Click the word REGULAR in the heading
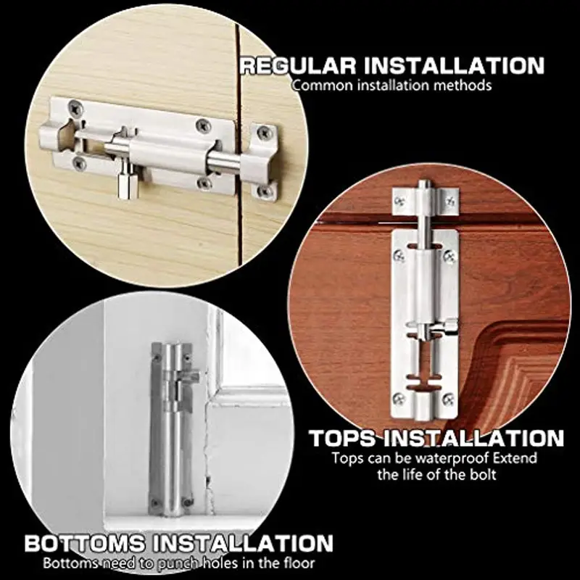[298, 66]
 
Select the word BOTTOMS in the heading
[85, 543]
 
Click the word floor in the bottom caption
[297, 563]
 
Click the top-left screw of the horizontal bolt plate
[76, 107]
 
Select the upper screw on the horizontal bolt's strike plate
[264, 133]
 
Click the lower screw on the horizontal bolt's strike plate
[264, 191]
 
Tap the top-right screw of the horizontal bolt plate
[203, 125]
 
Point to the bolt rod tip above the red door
[424, 184]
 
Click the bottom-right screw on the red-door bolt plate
[448, 399]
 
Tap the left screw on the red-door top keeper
[399, 202]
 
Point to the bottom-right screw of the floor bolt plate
[188, 502]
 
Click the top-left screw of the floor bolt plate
[157, 357]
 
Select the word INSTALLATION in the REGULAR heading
[454, 66]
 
